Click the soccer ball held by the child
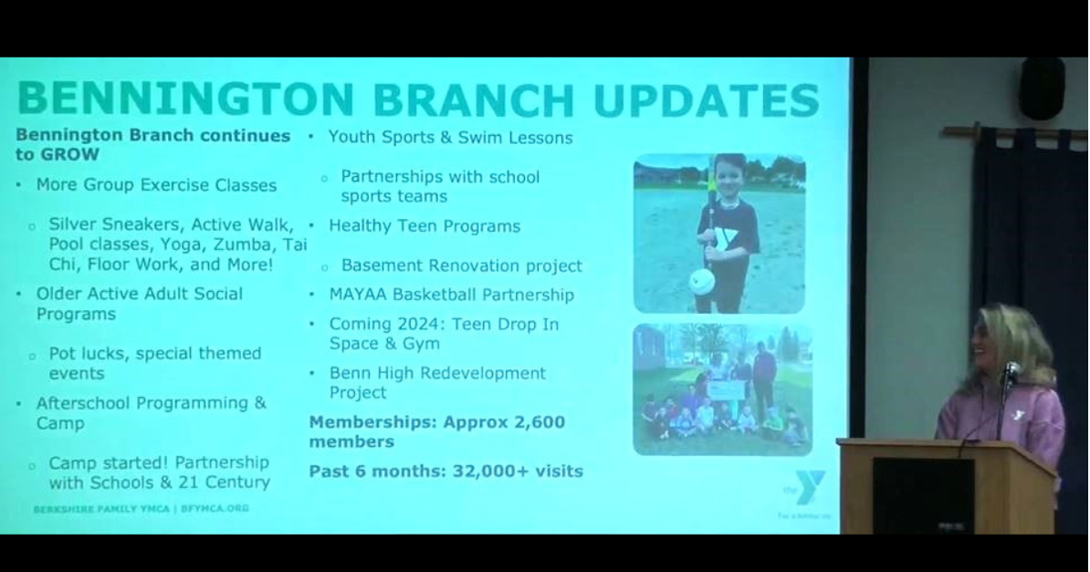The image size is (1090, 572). (x=701, y=281)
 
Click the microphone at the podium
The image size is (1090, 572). (x=1011, y=371)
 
